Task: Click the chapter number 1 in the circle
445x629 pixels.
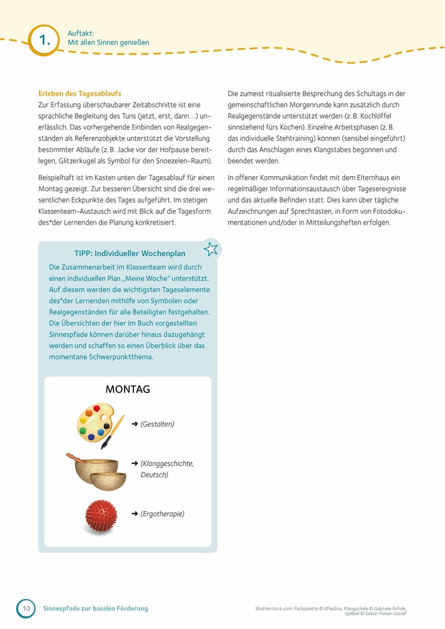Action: pyautogui.click(x=43, y=40)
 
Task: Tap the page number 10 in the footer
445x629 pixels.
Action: pyautogui.click(x=26, y=608)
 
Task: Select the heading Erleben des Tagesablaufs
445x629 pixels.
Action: pyautogui.click(x=79, y=93)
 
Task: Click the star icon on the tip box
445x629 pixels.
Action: pyautogui.click(x=211, y=248)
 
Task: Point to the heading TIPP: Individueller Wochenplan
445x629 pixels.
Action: pyautogui.click(x=130, y=253)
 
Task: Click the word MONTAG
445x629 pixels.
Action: pyautogui.click(x=128, y=389)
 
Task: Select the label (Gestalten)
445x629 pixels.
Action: pyautogui.click(x=157, y=424)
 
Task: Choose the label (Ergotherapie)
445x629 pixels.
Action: pyautogui.click(x=162, y=514)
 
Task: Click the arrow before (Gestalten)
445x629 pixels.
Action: pyautogui.click(x=135, y=424)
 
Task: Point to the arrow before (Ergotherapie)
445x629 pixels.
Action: pyautogui.click(x=135, y=514)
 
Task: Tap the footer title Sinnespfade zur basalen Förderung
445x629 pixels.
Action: pyautogui.click(x=95, y=608)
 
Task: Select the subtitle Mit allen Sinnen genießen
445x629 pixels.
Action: pyautogui.click(x=108, y=43)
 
